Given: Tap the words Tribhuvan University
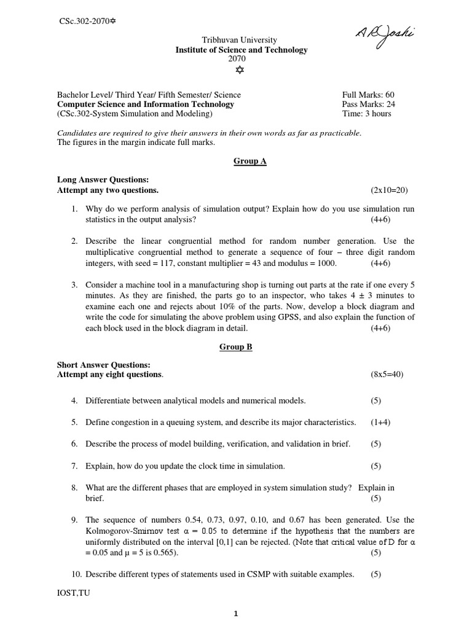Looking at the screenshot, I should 236,40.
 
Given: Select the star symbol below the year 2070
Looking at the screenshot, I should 236,71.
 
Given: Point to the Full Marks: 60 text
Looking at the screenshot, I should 368,95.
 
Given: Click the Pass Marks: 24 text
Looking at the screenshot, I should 368,104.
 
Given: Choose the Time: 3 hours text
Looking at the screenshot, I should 366,114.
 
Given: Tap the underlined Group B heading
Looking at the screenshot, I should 236,347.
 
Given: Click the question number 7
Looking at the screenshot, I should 74,466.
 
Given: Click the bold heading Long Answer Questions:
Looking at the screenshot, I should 103,180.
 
